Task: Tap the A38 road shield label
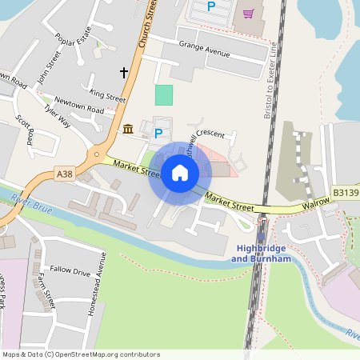(66, 173)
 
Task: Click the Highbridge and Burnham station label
(262, 254)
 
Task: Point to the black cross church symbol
(124, 72)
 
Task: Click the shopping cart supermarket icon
(248, 13)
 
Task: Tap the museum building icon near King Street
(128, 129)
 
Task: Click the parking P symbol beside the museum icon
(158, 133)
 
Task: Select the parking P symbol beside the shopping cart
(211, 6)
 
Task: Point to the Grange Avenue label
(204, 50)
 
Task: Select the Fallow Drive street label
(70, 272)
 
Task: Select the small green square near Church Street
(163, 94)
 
